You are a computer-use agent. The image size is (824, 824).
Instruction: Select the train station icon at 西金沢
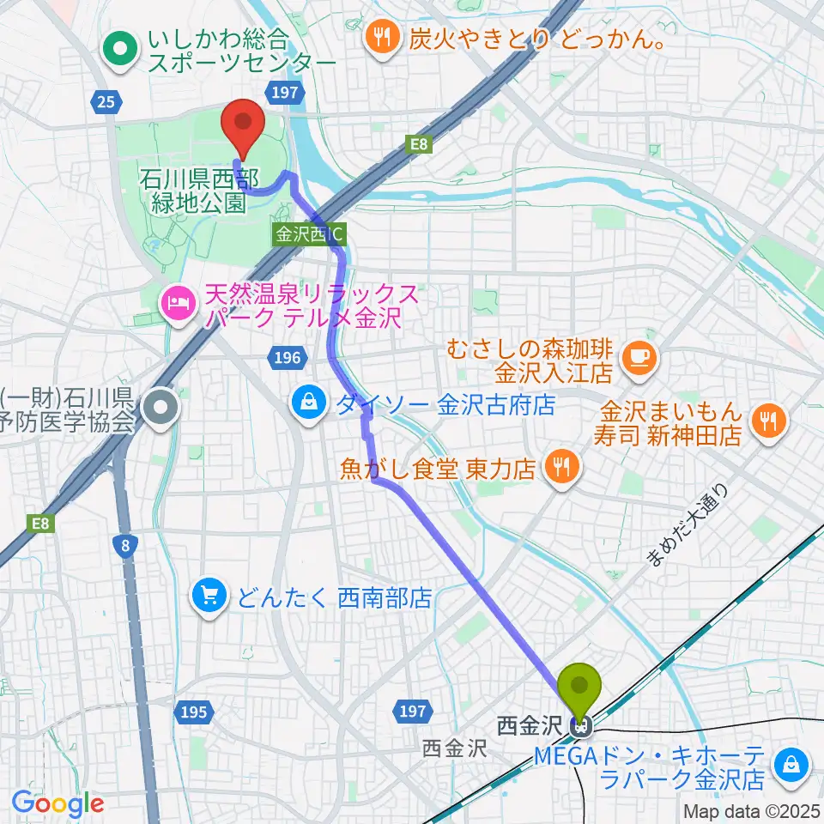click(x=581, y=728)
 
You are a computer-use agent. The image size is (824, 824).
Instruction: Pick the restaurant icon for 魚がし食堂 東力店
click(x=563, y=467)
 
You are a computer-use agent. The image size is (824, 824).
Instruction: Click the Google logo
click(x=58, y=803)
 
